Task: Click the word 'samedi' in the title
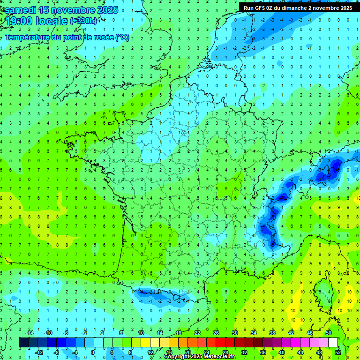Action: click(x=20, y=9)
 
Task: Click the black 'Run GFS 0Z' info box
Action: click(x=298, y=7)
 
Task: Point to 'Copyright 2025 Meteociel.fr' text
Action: click(x=200, y=357)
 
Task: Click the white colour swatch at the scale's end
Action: click(x=333, y=342)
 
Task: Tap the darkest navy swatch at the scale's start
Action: click(x=23, y=342)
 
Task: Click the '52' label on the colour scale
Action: click(x=338, y=352)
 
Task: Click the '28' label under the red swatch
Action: click(x=225, y=352)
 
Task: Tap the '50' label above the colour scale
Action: click(x=329, y=333)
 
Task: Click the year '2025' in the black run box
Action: click(x=344, y=8)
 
